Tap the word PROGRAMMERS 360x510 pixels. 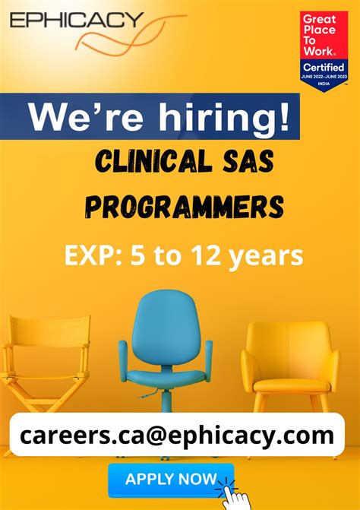click(185, 206)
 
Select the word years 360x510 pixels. click(266, 256)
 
